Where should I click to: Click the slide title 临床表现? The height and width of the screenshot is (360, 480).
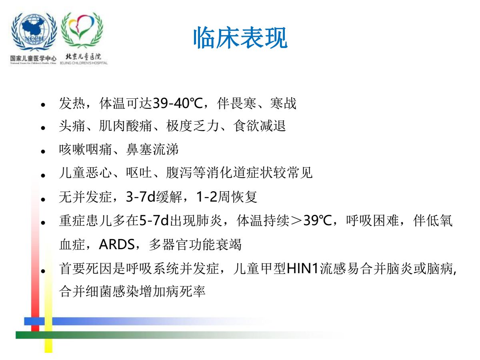tap(240, 38)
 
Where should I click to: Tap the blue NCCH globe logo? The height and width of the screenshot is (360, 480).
tap(34, 32)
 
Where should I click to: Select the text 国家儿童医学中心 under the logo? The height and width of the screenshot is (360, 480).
tap(33, 58)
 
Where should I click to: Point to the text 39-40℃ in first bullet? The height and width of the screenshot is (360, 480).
tap(178, 103)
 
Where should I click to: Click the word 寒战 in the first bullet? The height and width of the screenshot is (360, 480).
tap(283, 103)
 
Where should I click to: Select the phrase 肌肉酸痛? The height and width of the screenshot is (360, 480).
tap(125, 126)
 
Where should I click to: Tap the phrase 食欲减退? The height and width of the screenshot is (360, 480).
tap(260, 126)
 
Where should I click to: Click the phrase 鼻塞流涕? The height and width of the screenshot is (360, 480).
tap(152, 150)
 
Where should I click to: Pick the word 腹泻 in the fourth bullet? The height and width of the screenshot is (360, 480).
tap(179, 173)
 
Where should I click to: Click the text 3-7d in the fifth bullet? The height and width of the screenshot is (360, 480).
tap(141, 196)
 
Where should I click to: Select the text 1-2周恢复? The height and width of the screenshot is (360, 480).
tap(227, 196)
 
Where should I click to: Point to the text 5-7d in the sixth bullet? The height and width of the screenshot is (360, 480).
tap(154, 220)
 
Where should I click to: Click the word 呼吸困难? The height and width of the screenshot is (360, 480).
tap(372, 220)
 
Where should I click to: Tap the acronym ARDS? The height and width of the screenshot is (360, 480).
tap(117, 244)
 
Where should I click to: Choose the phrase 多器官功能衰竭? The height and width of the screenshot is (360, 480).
tap(195, 244)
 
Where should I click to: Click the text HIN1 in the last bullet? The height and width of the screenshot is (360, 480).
tap(302, 268)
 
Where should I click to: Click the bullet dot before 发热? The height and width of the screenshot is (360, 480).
tap(43, 105)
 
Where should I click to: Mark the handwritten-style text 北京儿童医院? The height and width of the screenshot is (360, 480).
tap(84, 57)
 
